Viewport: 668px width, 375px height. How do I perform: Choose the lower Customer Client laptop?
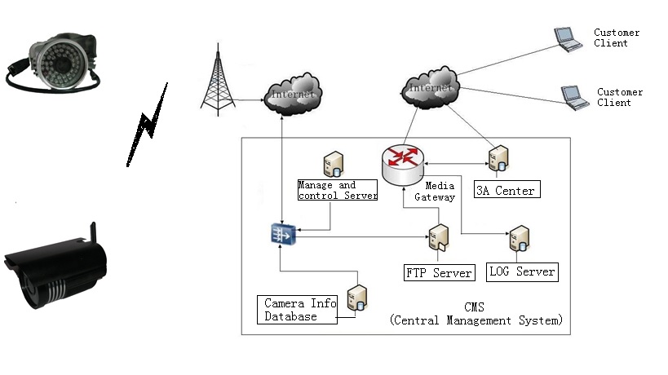coord(574,95)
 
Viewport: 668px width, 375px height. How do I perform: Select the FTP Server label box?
coord(439,272)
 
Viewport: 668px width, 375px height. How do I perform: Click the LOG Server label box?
coord(522,271)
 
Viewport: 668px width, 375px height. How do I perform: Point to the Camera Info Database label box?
coord(298,310)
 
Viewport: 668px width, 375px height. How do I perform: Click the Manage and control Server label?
coord(338,191)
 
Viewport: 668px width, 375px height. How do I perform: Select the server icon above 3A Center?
coord(498,157)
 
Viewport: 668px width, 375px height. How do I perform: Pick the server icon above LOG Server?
coord(519,239)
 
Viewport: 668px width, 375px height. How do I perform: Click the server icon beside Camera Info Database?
coord(356,298)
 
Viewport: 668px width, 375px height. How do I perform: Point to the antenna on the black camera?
coord(94,232)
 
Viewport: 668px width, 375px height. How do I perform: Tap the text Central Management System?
coord(476,320)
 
